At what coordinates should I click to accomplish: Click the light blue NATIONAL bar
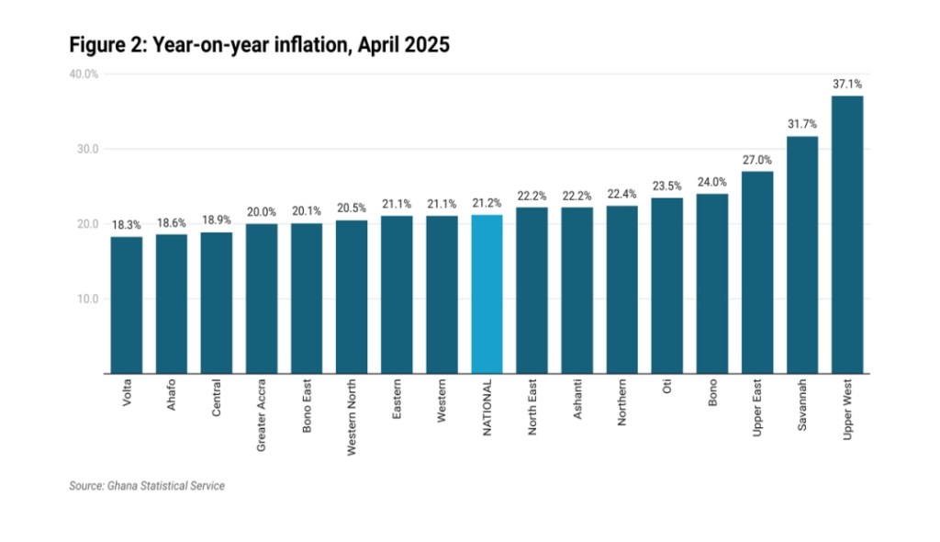(x=487, y=294)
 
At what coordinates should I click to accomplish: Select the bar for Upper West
(x=846, y=234)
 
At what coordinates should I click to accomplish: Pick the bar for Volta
(x=127, y=305)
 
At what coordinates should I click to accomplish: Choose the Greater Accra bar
(x=262, y=299)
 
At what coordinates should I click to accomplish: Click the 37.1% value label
(x=846, y=84)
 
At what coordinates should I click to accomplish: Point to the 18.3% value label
(x=127, y=225)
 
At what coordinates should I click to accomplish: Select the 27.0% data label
(x=756, y=160)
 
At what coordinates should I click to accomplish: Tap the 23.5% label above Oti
(x=666, y=186)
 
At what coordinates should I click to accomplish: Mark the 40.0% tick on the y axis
(x=84, y=74)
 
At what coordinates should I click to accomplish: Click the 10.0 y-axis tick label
(x=86, y=299)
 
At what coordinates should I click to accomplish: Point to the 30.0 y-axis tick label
(x=86, y=149)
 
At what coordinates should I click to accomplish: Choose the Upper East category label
(x=757, y=406)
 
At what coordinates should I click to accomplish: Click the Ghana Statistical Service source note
(x=147, y=486)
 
